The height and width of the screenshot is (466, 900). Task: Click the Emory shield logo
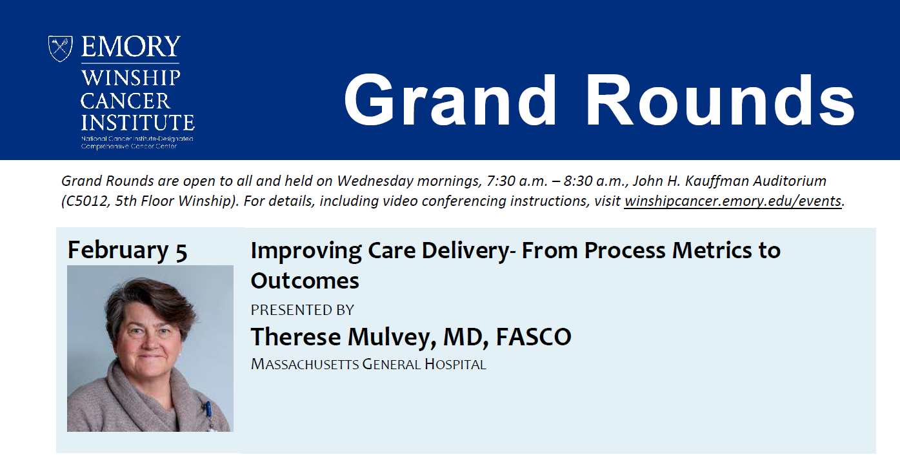tap(60, 48)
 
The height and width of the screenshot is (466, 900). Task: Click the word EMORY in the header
tap(130, 46)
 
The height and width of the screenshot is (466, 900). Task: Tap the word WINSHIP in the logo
tap(131, 77)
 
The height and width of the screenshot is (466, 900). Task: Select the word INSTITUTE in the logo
tap(138, 122)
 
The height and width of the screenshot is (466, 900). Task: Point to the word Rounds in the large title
tap(721, 100)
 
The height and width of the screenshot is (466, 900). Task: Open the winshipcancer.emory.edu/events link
tap(733, 201)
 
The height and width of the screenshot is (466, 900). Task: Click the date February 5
tap(127, 250)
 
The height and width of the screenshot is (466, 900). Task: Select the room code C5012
tap(87, 201)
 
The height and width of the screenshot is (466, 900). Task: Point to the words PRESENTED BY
tap(302, 310)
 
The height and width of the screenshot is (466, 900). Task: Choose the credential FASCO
tap(534, 337)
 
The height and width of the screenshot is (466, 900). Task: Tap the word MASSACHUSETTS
tap(305, 364)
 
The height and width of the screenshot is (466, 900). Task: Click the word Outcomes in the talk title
tap(305, 280)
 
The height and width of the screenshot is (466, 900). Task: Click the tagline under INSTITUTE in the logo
tap(137, 143)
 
